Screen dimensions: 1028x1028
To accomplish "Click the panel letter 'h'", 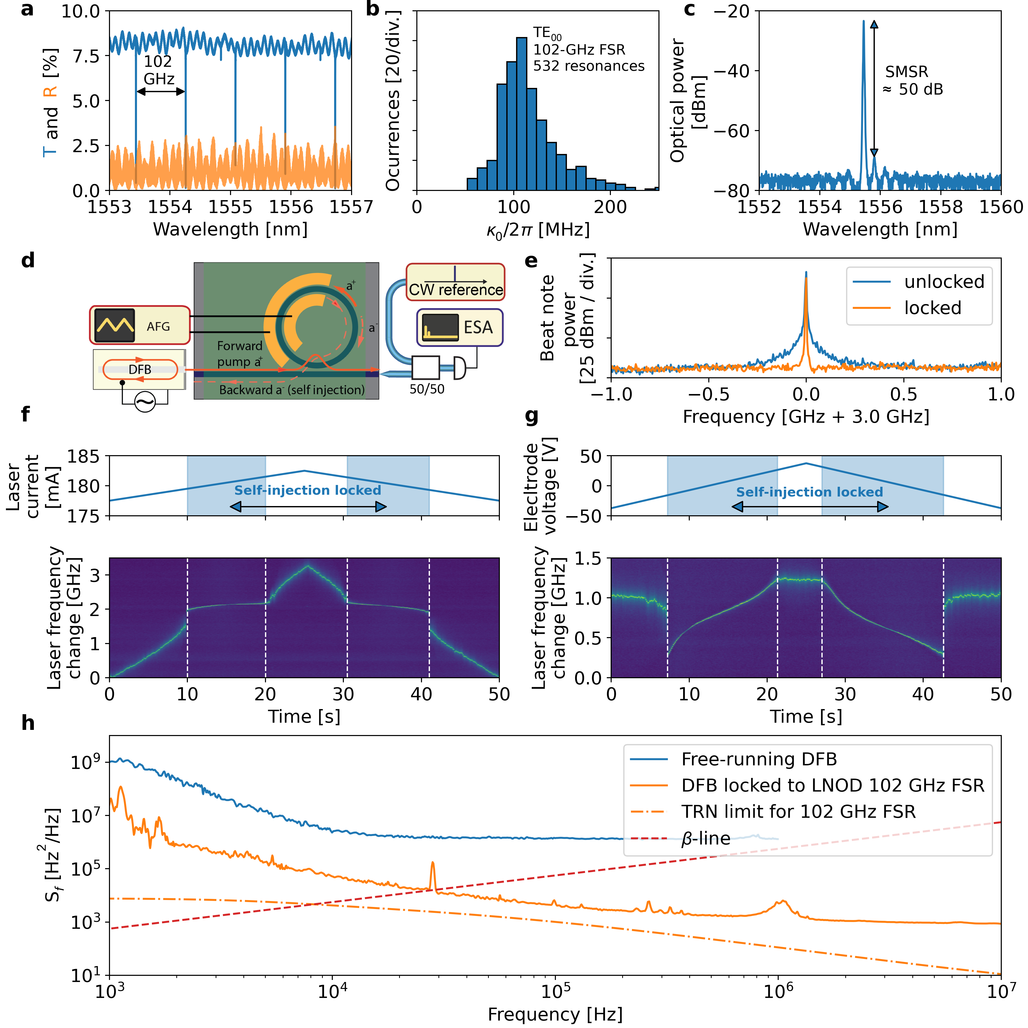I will pos(28,724).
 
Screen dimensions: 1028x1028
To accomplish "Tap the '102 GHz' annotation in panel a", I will pos(159,70).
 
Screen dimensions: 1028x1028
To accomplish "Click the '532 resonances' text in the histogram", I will pos(589,66).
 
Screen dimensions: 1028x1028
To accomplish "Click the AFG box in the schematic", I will pos(140,325).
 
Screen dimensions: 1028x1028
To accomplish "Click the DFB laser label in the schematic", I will pos(140,369).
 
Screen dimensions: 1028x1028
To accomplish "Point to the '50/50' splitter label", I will pos(427,389).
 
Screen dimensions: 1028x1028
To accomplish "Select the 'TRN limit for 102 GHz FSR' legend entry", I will pos(798,811).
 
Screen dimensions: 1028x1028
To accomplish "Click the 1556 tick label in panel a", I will pos(291,207).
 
